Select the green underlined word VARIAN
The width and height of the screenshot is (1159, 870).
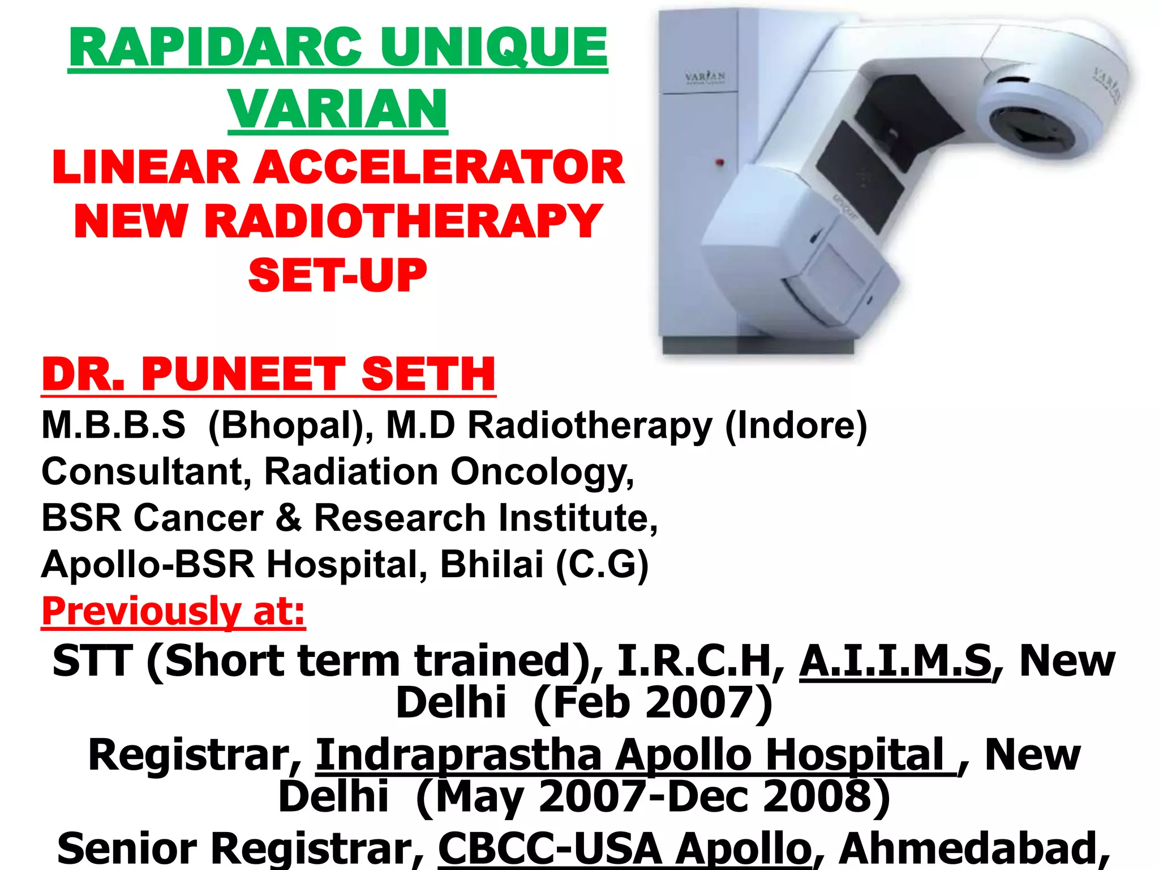point(338,109)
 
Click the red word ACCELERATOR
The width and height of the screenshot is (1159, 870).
point(439,168)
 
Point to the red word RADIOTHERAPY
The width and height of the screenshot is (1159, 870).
point(403,221)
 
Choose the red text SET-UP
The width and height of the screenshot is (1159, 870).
point(337,276)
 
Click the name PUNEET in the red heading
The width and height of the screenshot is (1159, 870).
point(243,374)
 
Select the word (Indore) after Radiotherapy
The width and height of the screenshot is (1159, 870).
point(796,425)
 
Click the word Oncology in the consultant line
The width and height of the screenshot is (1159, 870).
point(542,472)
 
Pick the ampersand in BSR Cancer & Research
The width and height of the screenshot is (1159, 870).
point(289,518)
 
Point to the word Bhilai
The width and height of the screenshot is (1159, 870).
point(491,565)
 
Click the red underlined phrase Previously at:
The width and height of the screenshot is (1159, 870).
point(173,612)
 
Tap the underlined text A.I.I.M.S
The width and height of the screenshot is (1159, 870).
point(895,661)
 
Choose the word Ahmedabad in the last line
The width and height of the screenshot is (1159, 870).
point(973,849)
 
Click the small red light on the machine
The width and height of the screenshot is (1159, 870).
point(720,163)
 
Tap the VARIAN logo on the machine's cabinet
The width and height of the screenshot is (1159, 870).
point(705,77)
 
